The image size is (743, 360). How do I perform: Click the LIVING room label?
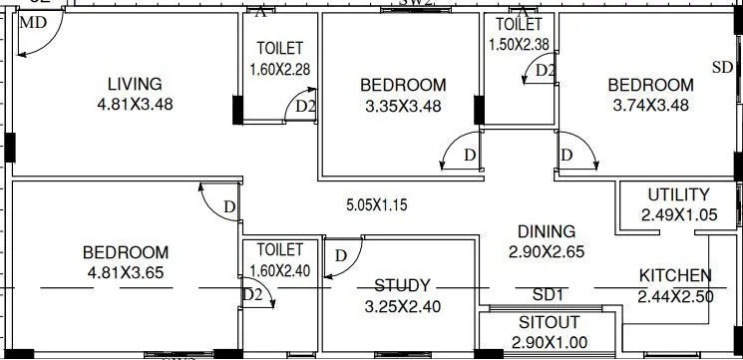(135, 84)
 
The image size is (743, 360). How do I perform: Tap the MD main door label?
(32, 22)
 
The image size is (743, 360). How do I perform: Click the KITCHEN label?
(675, 276)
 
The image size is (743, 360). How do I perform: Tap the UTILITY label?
(678, 194)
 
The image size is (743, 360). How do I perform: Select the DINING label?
(546, 230)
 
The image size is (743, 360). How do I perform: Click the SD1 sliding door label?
(549, 295)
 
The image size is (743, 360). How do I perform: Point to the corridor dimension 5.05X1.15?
(376, 205)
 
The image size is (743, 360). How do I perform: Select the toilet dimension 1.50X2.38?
(519, 44)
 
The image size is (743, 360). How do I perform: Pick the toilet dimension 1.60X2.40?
(279, 268)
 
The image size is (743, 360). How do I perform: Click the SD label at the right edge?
(722, 67)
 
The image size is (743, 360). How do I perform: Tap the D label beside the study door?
(341, 255)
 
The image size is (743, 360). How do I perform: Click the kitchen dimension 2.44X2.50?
(675, 296)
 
